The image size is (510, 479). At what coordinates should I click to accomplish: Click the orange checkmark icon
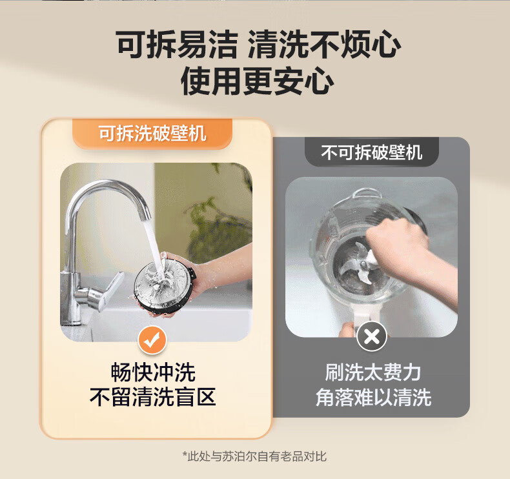coord(152,340)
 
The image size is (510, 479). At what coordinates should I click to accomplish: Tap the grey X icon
coord(372,336)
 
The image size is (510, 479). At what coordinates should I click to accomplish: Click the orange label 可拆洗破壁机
coord(152,133)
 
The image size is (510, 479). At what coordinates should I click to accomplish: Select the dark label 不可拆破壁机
coord(372,152)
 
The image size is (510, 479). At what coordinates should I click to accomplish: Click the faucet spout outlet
coord(145,217)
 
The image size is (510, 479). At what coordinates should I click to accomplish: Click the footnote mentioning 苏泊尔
coord(254,456)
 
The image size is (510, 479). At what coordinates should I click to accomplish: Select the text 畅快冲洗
coord(153,372)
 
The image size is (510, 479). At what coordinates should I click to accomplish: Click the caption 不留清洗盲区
coord(152,397)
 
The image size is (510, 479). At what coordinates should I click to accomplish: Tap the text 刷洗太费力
coord(372,372)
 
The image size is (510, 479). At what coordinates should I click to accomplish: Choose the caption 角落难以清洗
coord(373,397)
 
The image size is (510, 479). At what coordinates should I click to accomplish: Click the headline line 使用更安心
coord(257,81)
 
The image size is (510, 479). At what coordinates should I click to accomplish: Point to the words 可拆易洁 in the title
coord(177,45)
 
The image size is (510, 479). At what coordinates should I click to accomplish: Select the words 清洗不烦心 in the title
coord(324,45)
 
